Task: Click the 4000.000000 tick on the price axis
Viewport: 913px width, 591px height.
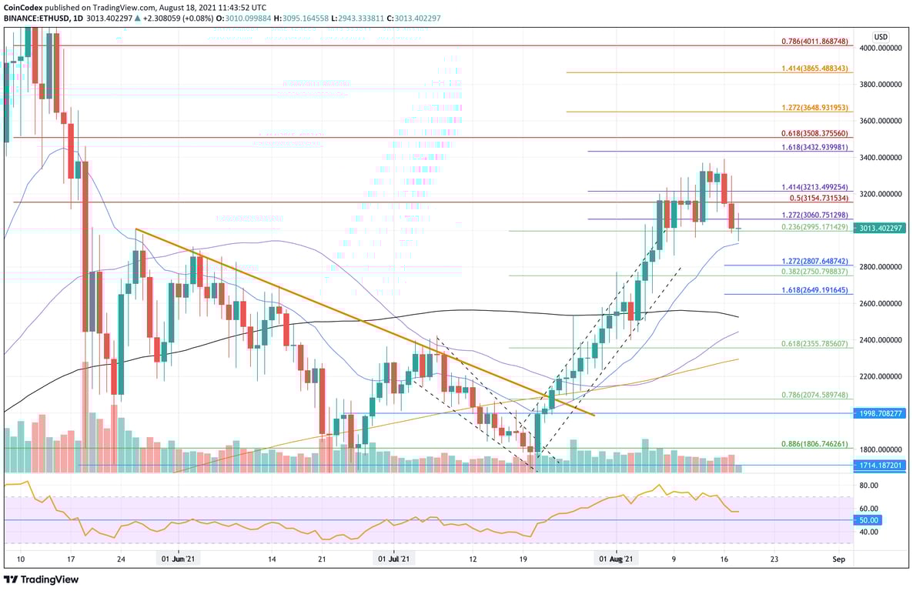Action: click(879, 48)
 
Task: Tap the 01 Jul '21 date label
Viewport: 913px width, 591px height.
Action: click(393, 560)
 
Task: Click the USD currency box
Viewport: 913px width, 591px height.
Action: click(881, 36)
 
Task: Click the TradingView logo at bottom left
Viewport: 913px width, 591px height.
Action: click(42, 579)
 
